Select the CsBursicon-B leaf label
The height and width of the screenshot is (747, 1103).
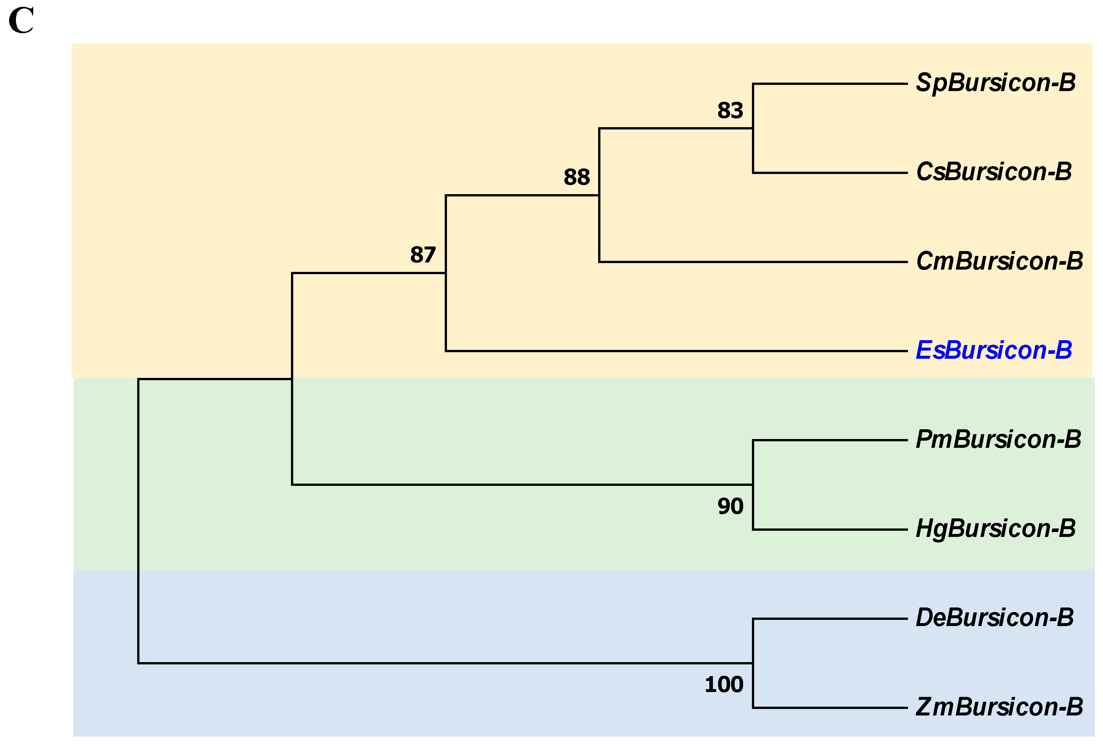[993, 172]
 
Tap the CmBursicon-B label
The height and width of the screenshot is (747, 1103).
[999, 261]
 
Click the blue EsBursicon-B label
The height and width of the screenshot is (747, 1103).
[993, 351]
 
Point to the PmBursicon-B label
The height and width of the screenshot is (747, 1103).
[998, 439]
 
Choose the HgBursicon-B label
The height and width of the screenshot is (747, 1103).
[995, 528]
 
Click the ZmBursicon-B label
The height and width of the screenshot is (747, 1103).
[999, 707]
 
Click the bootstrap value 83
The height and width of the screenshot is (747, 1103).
[730, 111]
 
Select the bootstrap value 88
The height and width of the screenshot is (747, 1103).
[577, 177]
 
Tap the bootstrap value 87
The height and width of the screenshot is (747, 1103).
[423, 255]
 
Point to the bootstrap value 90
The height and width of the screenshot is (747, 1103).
[730, 506]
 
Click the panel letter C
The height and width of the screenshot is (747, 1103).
[21, 21]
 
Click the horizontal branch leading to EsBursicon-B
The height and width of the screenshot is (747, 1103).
[676, 352]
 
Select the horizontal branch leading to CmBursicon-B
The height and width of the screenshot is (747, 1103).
[753, 262]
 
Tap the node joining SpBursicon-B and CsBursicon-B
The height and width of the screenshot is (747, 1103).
[753, 128]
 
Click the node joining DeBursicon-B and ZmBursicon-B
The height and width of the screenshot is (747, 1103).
[753, 663]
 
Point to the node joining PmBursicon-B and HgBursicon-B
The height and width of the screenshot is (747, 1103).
[753, 485]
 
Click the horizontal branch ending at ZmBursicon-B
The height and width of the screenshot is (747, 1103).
[830, 708]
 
